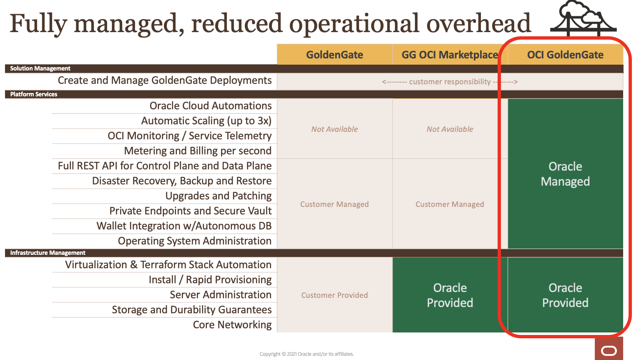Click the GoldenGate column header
335,55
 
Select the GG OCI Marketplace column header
450,55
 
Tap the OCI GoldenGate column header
565,55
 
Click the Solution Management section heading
40,68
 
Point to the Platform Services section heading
34,94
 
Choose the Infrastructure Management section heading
48,253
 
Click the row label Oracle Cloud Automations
211,106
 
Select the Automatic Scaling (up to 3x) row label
206,121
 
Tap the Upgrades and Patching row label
219,196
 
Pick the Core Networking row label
232,325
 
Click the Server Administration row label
221,295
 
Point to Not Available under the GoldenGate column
335,129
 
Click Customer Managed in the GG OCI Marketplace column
450,204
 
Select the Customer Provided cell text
335,295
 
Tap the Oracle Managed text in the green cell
565,174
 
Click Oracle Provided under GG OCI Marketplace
450,295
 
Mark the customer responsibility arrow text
450,82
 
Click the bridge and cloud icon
584,18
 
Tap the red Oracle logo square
609,348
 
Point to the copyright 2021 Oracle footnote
307,354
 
